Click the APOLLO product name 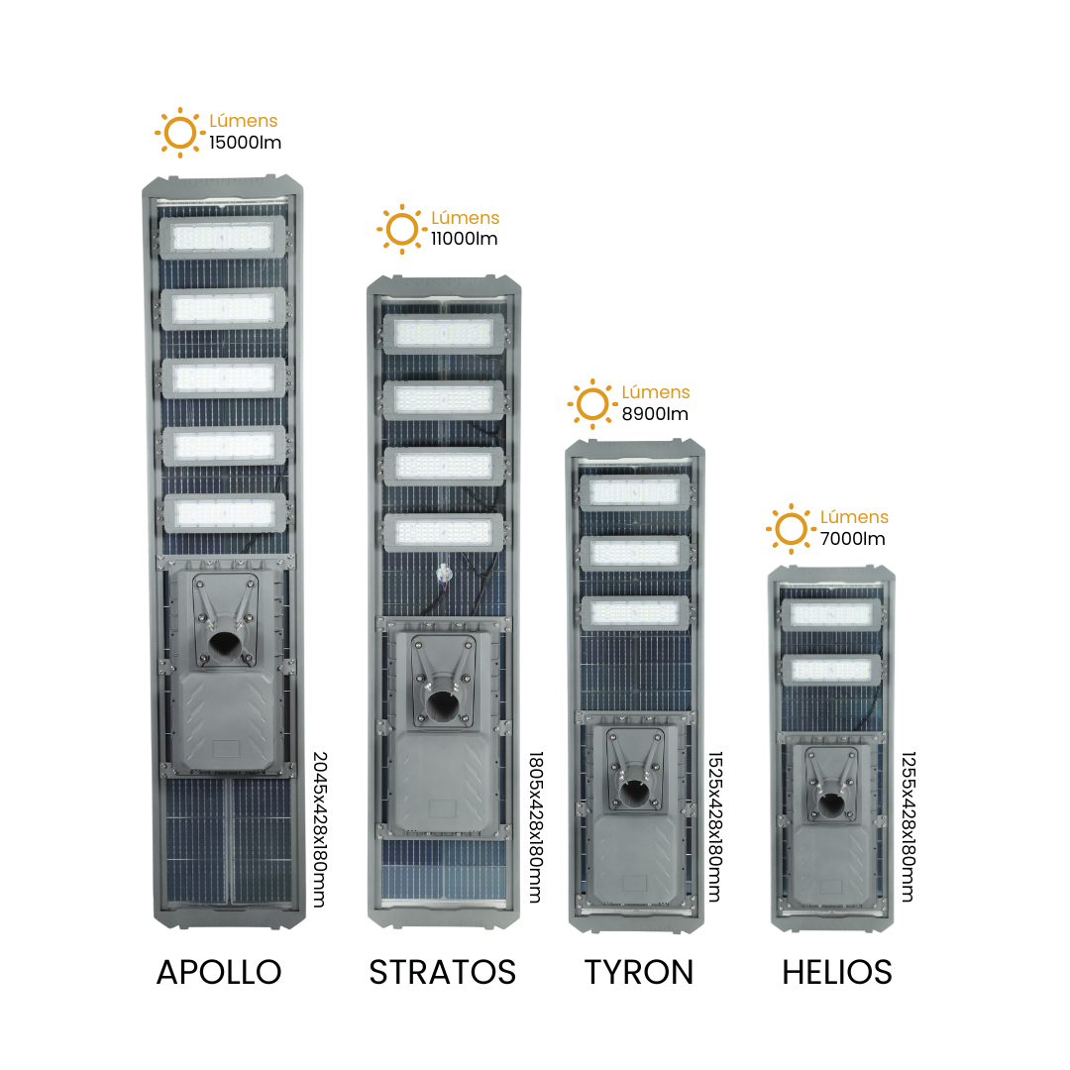[x=219, y=972]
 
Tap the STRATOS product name [x=442, y=972]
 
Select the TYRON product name [x=639, y=972]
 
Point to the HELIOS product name [x=836, y=972]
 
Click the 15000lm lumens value [x=245, y=143]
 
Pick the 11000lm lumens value [x=464, y=239]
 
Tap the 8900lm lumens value [x=655, y=413]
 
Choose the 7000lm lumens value [x=852, y=538]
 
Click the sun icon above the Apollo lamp [x=180, y=133]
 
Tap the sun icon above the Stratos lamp [x=402, y=229]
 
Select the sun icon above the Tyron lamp [x=592, y=404]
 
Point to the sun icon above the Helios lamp [x=791, y=529]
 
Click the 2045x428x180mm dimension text [x=320, y=829]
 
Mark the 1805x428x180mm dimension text [x=536, y=827]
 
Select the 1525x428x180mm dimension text [x=714, y=827]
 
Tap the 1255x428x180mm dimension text [x=909, y=827]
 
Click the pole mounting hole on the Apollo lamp [x=224, y=644]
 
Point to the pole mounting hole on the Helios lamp [x=831, y=804]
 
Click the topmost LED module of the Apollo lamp [x=222, y=238]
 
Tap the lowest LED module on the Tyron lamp [x=635, y=613]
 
